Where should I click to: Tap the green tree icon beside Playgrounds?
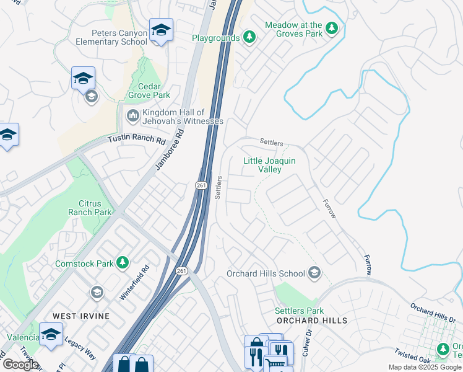pyautogui.click(x=249, y=38)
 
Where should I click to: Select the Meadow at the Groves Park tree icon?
pyautogui.click(x=332, y=28)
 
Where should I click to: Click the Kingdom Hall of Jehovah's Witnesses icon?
pyautogui.click(x=133, y=115)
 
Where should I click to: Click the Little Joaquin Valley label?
pyautogui.click(x=269, y=165)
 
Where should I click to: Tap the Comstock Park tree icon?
pyautogui.click(x=123, y=263)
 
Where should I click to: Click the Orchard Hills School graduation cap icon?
pyautogui.click(x=314, y=273)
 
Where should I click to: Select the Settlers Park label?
pyautogui.click(x=300, y=311)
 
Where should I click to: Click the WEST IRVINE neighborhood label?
pyautogui.click(x=81, y=316)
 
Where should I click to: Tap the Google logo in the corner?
pyautogui.click(x=20, y=365)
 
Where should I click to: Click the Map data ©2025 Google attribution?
pyautogui.click(x=425, y=367)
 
